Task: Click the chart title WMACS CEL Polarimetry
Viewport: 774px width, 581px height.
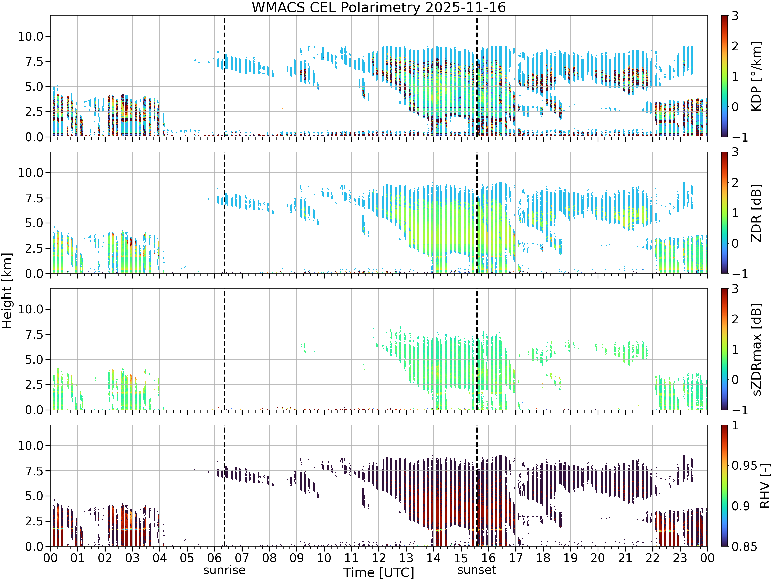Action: point(336,8)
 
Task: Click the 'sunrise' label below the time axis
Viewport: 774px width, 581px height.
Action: point(224,570)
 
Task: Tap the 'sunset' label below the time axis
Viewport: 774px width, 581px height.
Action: point(477,570)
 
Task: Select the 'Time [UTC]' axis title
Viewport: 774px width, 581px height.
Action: point(378,572)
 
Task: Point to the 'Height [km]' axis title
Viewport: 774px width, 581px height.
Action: point(7,291)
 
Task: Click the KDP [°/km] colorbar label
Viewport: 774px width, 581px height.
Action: point(756,76)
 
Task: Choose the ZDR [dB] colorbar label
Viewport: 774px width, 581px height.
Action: point(756,213)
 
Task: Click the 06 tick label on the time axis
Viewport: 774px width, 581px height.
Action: point(214,558)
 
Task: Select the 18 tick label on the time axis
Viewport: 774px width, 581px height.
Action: point(543,558)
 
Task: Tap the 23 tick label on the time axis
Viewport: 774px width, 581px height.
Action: point(680,558)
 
